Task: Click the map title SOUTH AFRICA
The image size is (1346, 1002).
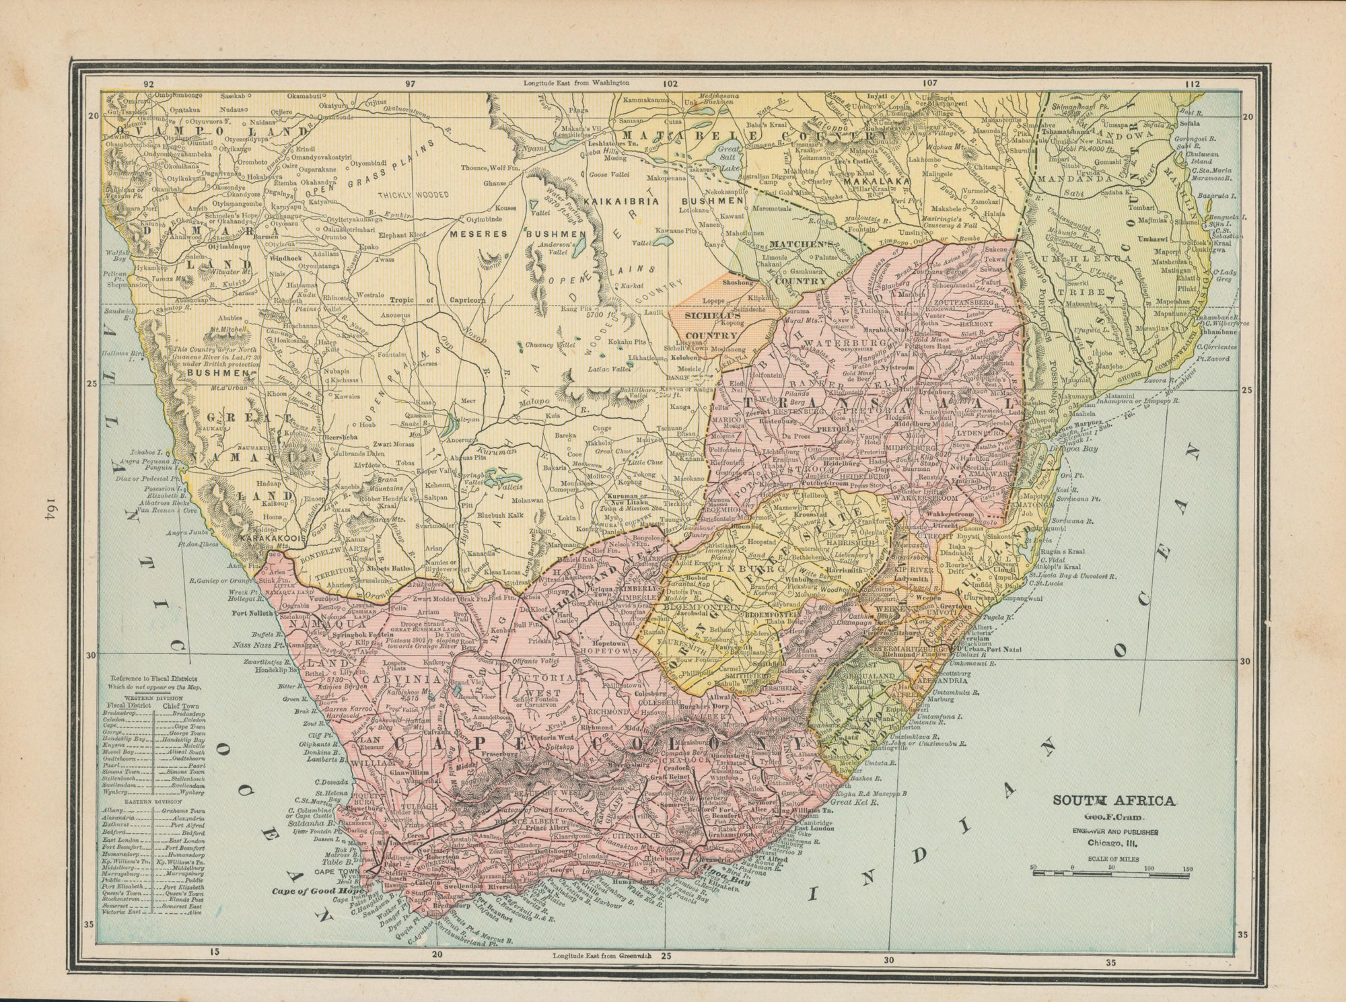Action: pyautogui.click(x=1114, y=800)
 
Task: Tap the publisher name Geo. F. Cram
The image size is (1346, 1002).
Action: pyautogui.click(x=1114, y=818)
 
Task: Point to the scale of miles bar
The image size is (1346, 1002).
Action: pyautogui.click(x=1110, y=873)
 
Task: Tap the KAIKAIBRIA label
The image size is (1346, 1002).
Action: pyautogui.click(x=618, y=201)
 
